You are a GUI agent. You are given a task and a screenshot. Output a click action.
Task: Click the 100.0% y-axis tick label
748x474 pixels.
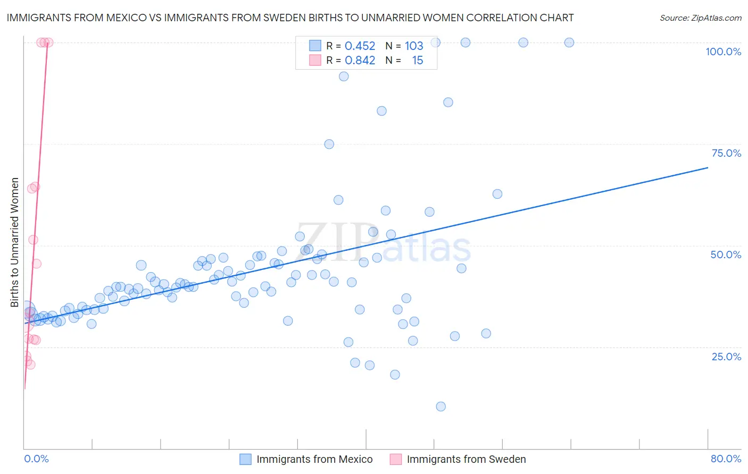[723, 52]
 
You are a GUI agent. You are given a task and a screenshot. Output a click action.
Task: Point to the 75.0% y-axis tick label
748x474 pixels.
[726, 153]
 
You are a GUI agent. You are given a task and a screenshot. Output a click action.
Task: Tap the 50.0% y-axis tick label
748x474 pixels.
[726, 255]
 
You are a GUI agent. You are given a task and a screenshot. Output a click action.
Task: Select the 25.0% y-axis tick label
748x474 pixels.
[726, 357]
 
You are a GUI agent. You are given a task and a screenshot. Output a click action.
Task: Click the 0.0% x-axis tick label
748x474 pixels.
[36, 459]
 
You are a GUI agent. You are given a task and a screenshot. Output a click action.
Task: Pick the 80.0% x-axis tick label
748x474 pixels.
[726, 459]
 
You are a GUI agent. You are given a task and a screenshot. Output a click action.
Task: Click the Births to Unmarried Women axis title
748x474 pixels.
[14, 242]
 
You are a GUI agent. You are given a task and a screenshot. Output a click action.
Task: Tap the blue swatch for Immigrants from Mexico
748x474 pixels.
[245, 459]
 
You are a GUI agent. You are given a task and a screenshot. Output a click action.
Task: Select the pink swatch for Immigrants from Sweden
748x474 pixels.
[396, 459]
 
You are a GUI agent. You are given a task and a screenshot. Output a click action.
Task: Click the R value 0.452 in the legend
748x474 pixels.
[360, 46]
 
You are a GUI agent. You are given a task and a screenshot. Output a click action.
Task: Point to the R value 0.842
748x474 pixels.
[360, 61]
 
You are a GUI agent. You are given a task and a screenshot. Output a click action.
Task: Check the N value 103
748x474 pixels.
[414, 46]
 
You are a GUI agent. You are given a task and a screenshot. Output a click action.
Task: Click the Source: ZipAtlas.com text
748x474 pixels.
[700, 18]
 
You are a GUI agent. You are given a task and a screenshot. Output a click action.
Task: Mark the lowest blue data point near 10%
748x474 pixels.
[441, 407]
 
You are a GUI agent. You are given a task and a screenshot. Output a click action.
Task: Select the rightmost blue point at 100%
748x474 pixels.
[569, 43]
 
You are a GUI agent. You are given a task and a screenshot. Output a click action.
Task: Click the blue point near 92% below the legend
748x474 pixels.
[344, 77]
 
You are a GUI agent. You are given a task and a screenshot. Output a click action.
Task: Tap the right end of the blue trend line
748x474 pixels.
[708, 167]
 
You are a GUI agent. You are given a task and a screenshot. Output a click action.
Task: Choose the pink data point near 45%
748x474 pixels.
[36, 264]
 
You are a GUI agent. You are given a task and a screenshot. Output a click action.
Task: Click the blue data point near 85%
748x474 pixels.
[448, 102]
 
